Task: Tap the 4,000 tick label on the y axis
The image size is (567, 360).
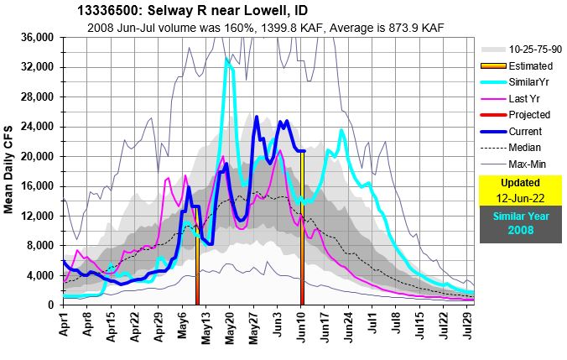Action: (39, 275)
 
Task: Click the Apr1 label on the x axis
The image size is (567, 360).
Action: (64, 324)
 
